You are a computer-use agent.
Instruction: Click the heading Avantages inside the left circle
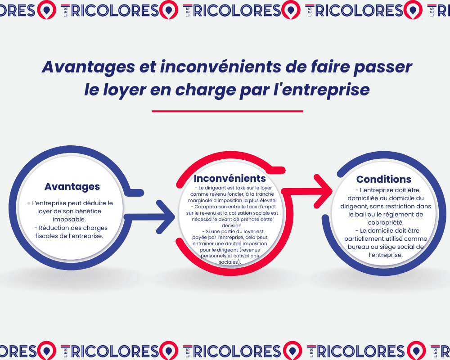pos(72,186)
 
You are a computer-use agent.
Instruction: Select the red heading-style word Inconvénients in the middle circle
pos(229,179)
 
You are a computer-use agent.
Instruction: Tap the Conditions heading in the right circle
pos(383,180)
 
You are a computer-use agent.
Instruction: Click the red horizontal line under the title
pos(227,111)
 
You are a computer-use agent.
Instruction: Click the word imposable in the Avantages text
pos(72,219)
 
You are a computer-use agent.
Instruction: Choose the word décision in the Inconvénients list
pos(229,225)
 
